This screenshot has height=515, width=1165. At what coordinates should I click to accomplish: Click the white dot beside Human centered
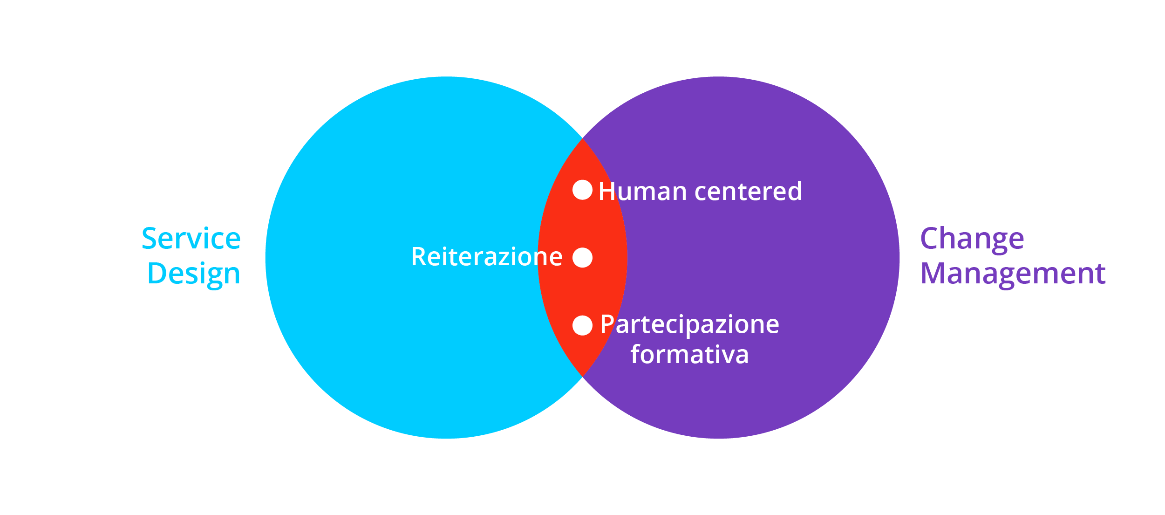click(582, 190)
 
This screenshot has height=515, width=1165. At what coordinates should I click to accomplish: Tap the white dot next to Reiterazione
click(582, 258)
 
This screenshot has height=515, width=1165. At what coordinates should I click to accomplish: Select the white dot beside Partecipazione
click(582, 325)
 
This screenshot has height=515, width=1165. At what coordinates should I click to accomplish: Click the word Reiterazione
click(487, 257)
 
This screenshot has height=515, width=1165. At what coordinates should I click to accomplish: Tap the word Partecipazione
click(689, 325)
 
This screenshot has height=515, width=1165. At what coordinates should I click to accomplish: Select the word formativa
click(689, 355)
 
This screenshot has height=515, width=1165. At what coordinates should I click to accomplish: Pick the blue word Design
click(194, 274)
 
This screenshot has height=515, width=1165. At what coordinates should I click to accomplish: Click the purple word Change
click(972, 239)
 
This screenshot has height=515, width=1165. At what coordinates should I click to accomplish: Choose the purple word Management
click(1013, 274)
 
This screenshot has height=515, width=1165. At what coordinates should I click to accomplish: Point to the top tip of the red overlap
click(582, 138)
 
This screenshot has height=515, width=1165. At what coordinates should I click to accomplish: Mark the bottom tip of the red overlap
click(582, 376)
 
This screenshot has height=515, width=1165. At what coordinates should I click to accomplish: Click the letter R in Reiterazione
click(419, 257)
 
